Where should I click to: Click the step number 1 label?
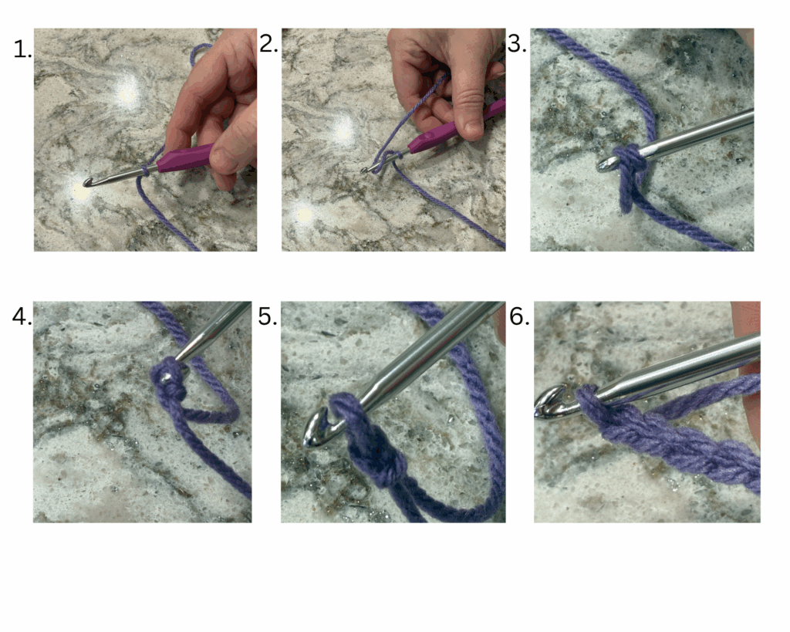click(22, 50)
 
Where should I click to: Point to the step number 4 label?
click(22, 317)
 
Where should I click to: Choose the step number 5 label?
click(268, 317)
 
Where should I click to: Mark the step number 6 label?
click(519, 317)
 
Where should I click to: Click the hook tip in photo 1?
click(86, 182)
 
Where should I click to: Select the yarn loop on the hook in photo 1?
click(145, 171)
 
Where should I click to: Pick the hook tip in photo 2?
click(364, 171)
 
